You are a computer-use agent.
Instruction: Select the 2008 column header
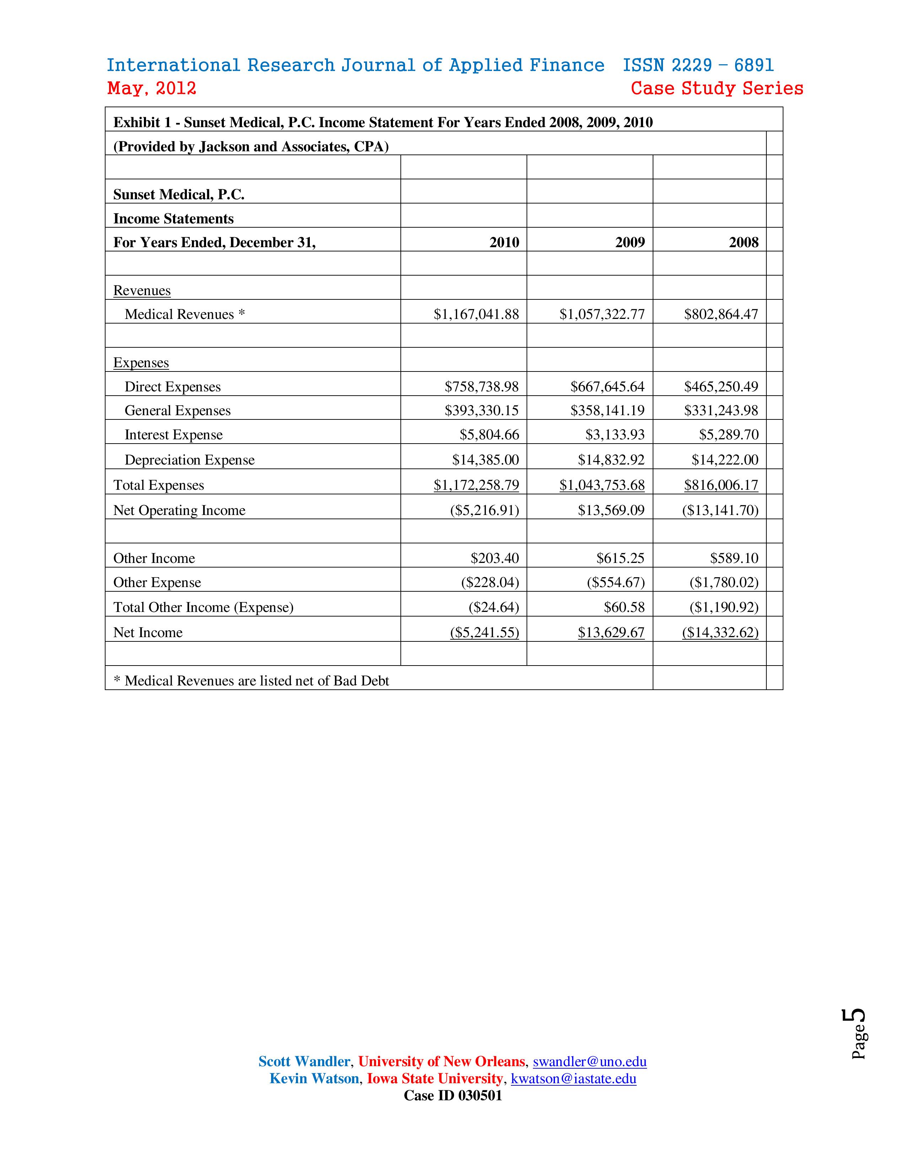(x=743, y=243)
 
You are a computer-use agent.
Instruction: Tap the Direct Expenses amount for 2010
(x=481, y=387)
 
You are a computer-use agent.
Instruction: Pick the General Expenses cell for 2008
(x=721, y=411)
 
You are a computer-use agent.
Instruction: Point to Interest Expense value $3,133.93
(x=615, y=435)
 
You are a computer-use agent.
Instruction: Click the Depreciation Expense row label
(x=189, y=460)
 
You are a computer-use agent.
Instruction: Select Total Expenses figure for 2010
(x=476, y=485)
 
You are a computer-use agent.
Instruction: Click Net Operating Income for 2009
(x=611, y=510)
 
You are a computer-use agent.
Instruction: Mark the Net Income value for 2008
(x=720, y=633)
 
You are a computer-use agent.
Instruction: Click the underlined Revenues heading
(x=142, y=291)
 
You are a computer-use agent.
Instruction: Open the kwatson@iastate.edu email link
(x=573, y=1079)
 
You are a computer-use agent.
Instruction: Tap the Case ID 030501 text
(x=452, y=1096)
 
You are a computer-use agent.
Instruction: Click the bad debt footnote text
(x=250, y=681)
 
